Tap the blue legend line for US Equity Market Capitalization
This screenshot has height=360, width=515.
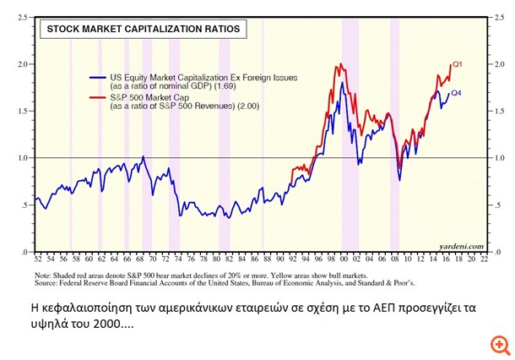[98, 78]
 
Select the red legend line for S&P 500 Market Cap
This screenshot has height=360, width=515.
[98, 98]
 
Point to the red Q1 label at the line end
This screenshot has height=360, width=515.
[457, 64]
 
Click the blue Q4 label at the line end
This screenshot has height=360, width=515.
[457, 93]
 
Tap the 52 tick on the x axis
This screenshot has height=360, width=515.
[36, 259]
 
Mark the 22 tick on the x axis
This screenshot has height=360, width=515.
[484, 259]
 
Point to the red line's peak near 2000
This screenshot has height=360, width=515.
[338, 64]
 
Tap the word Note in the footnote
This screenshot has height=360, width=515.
[43, 275]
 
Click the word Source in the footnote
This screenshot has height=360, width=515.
[47, 283]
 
